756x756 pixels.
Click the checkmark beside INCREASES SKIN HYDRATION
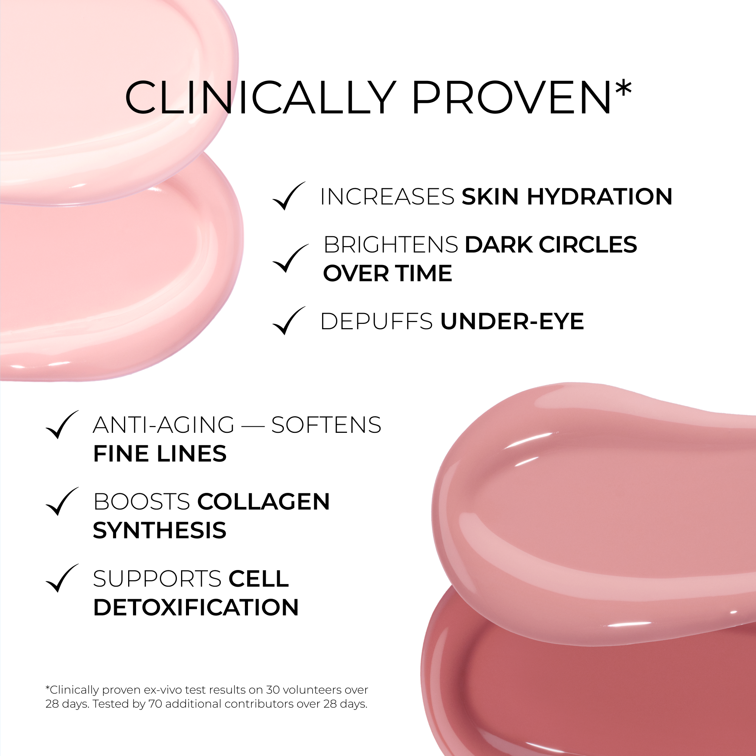[289, 196]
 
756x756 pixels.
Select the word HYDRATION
[600, 197]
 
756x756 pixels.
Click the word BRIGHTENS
[390, 245]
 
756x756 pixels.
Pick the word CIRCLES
[588, 245]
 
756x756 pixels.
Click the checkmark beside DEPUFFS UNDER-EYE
[289, 321]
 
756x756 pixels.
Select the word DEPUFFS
[376, 322]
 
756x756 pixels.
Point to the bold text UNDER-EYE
[512, 322]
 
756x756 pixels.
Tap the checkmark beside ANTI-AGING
[62, 424]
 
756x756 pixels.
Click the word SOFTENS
[326, 425]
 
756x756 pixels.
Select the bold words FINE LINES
[160, 454]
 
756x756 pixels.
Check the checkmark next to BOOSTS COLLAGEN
[62, 502]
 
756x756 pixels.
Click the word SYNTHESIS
[160, 531]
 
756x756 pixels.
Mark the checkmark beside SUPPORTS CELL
[62, 578]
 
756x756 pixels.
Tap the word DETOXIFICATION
[196, 607]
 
